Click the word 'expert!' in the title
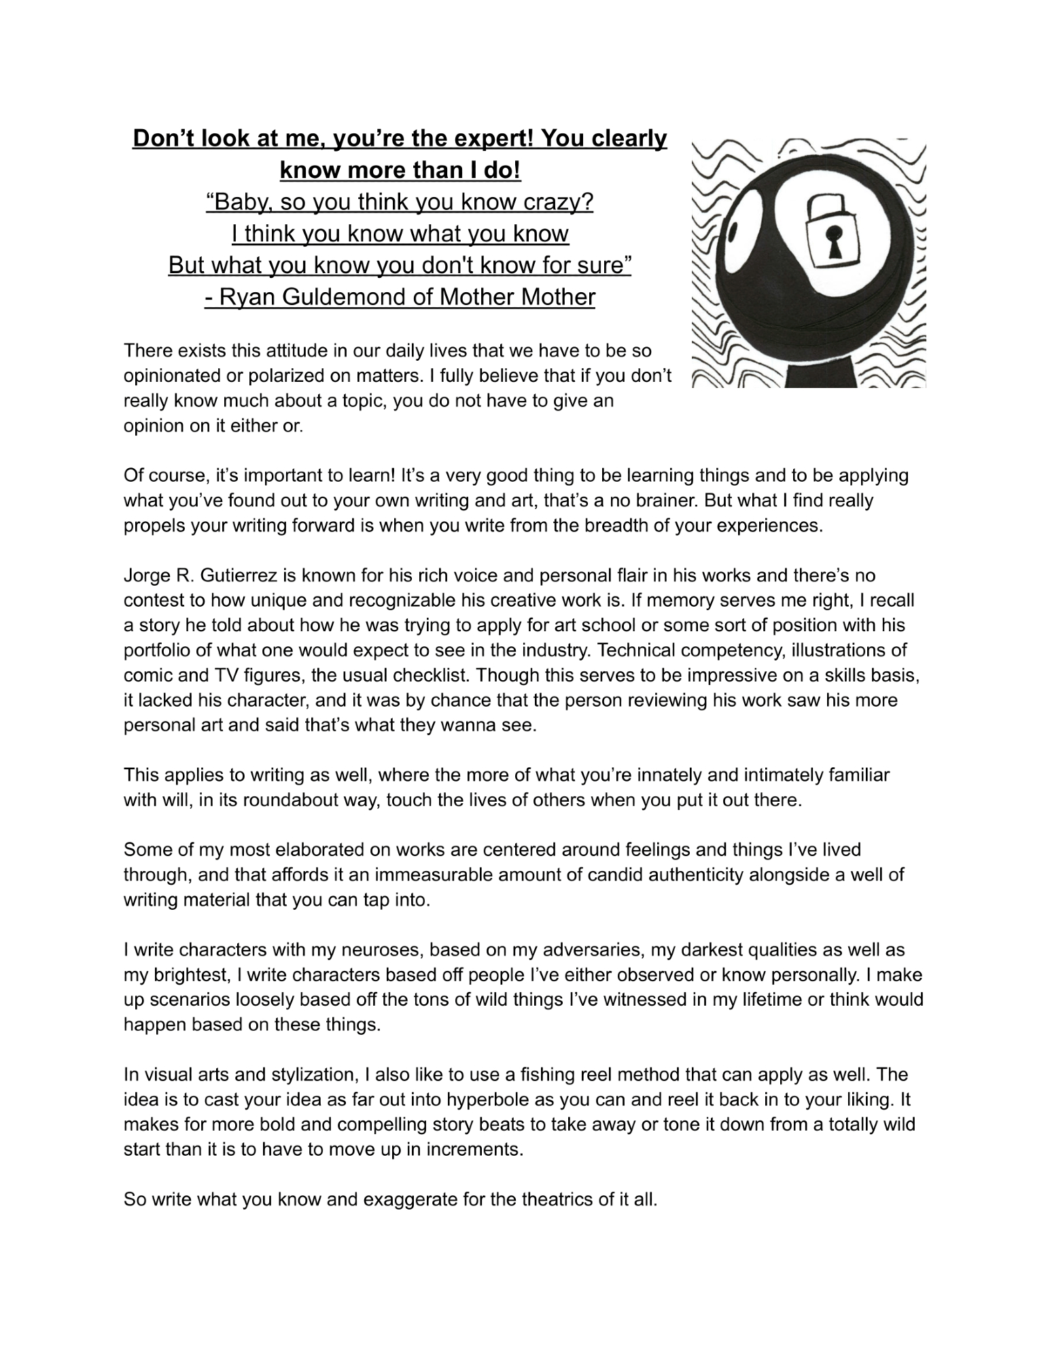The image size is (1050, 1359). pos(487,139)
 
